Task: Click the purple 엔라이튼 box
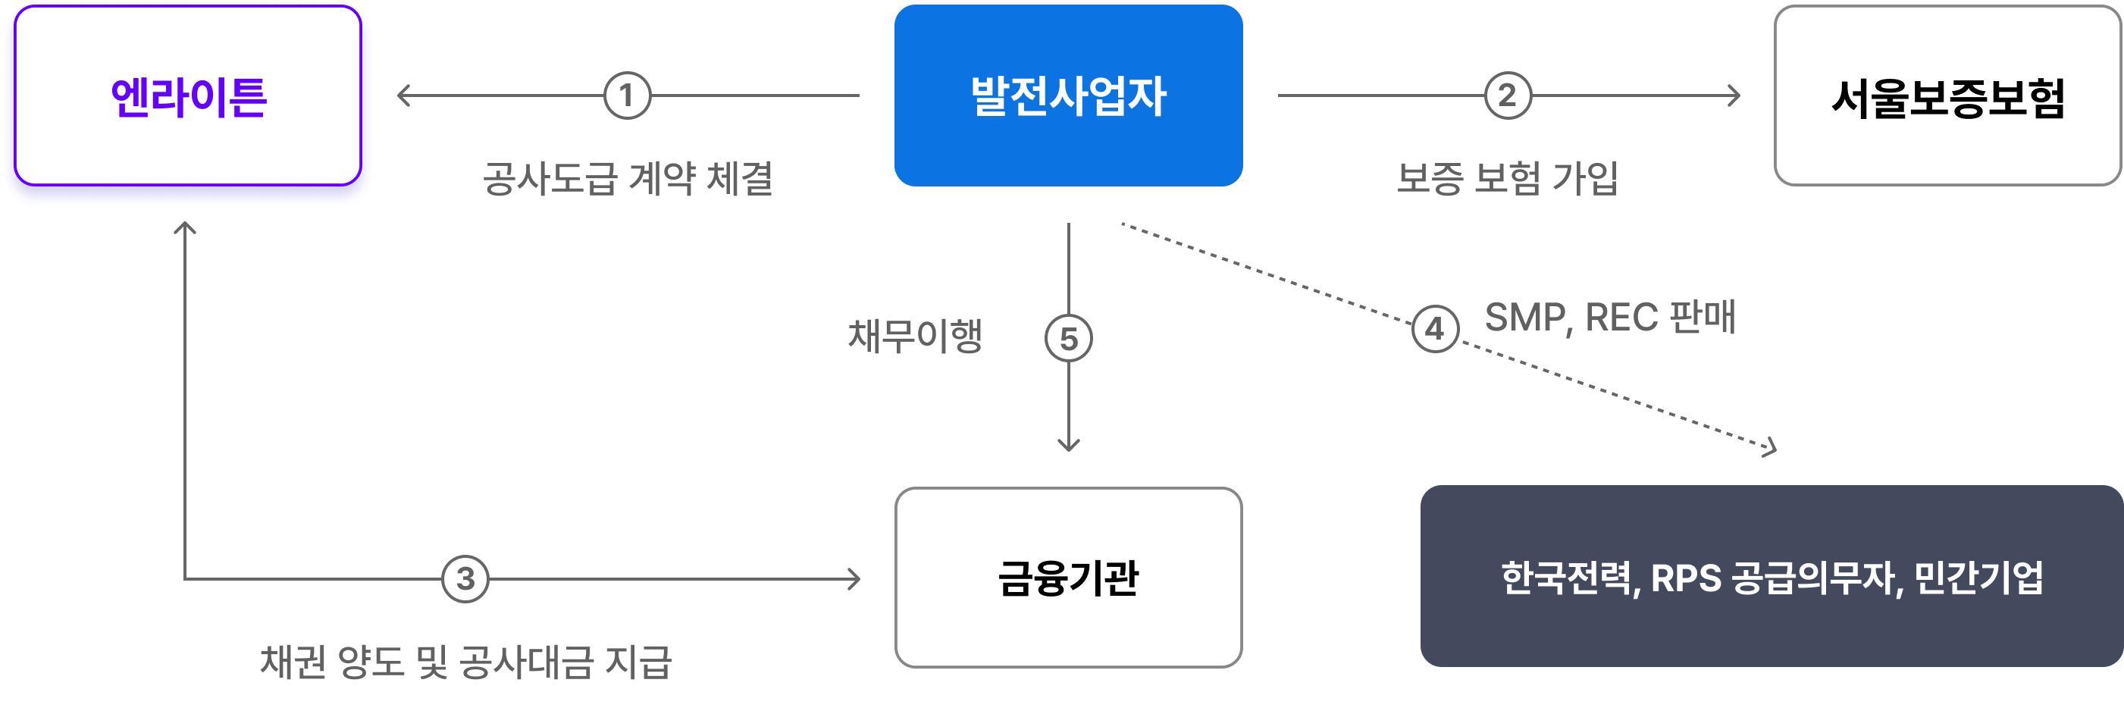188,96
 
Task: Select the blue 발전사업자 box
1068,96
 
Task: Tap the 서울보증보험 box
1947,96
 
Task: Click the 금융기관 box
1068,578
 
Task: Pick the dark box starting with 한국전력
1771,577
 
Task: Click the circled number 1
627,96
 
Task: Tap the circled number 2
1507,96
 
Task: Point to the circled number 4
1435,329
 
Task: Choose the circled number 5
1069,339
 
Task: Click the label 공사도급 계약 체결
627,178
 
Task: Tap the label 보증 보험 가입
1506,178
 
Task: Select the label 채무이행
915,336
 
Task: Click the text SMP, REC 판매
1609,318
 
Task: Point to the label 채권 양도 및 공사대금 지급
466,662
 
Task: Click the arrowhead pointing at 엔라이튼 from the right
403,96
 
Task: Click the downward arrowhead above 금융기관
1069,446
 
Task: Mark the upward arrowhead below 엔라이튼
185,227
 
